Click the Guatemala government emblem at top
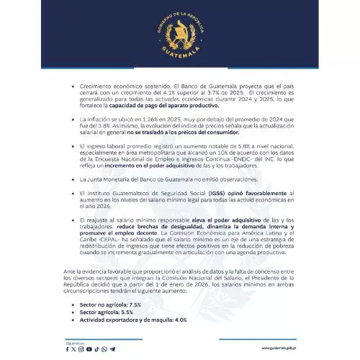179,32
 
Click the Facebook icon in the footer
68,349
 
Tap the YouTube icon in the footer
89,349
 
